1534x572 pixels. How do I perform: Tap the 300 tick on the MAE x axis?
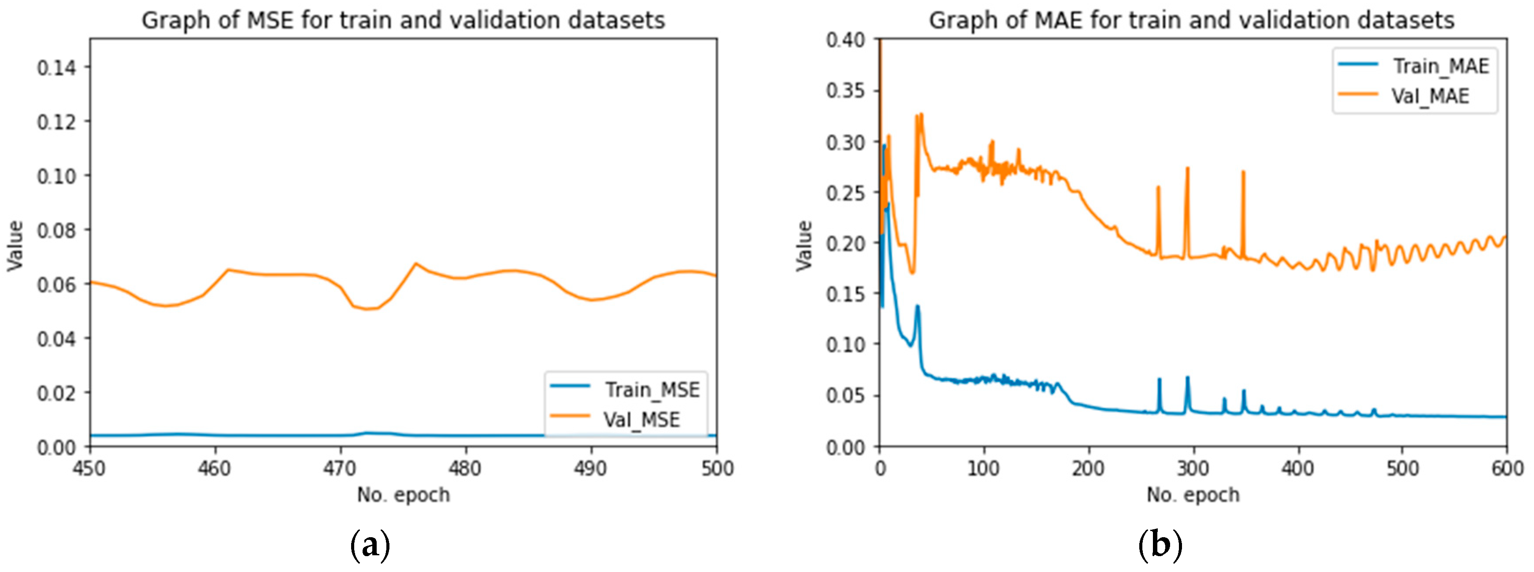1193,469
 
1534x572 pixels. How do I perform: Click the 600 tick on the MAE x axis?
1507,469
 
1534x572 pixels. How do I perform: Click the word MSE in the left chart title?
270,20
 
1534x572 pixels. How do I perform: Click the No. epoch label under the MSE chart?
403,495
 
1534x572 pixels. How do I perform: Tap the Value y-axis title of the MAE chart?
804,246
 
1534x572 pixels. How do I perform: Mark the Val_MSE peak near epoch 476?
415,263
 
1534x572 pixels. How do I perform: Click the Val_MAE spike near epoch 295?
1187,169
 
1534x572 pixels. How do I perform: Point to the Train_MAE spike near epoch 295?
1187,377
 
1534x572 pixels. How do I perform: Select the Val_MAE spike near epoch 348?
1243,173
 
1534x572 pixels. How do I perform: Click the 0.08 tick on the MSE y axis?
56,230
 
